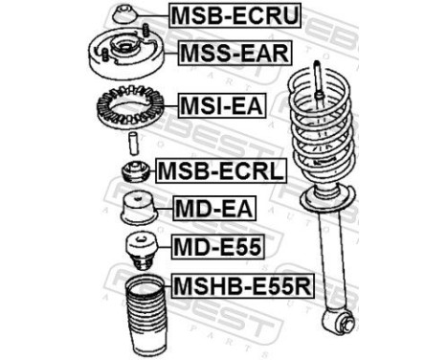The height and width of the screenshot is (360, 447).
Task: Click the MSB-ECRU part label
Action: [x=235, y=15]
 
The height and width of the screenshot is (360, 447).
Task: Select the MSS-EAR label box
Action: [x=235, y=53]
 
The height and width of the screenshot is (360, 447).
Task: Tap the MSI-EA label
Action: [x=222, y=105]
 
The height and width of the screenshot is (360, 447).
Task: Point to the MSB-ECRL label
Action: [x=221, y=170]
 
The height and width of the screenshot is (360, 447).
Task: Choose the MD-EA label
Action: [x=214, y=208]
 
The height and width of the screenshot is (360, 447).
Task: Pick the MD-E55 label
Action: [x=218, y=247]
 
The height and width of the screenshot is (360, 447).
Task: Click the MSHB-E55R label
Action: [x=243, y=285]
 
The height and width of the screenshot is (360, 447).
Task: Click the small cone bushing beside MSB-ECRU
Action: [x=125, y=14]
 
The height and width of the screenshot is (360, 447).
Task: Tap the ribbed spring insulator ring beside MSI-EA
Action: [x=130, y=106]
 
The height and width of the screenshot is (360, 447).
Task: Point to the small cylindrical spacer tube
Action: [x=133, y=144]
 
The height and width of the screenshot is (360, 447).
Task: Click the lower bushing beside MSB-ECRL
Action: [x=136, y=172]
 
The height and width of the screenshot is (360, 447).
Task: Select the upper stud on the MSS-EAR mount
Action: [x=145, y=30]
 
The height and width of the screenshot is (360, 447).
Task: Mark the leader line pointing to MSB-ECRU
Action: [x=152, y=16]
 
